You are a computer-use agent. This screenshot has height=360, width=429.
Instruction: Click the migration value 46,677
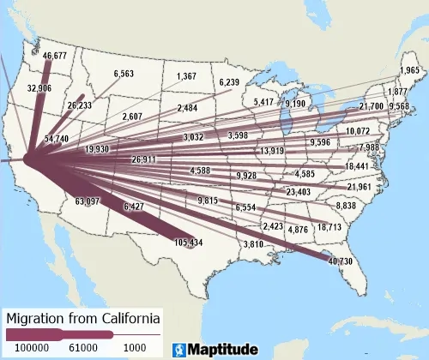pyautogui.click(x=54, y=56)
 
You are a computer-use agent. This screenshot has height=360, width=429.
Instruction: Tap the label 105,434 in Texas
pyautogui.click(x=188, y=243)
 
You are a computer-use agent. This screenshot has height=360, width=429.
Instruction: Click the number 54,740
pyautogui.click(x=57, y=138)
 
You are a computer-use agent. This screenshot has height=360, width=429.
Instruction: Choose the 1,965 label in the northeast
pyautogui.click(x=410, y=69)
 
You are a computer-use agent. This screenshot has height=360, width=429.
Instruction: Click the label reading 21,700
pyautogui.click(x=372, y=105)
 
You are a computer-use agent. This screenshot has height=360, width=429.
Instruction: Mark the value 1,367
pyautogui.click(x=185, y=77)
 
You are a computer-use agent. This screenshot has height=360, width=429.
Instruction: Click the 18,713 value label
pyautogui.click(x=329, y=227)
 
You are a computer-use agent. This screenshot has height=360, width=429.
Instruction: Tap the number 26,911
pyautogui.click(x=144, y=159)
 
